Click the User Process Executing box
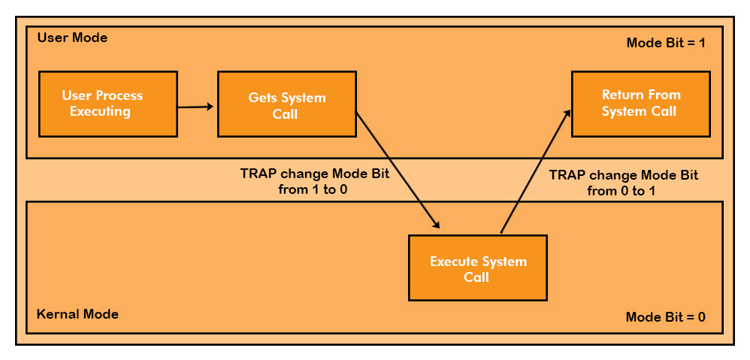(x=107, y=104)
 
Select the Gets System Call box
(x=286, y=104)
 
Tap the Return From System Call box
(x=640, y=104)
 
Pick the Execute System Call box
(x=477, y=268)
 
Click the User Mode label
(x=72, y=38)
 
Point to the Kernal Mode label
(x=77, y=314)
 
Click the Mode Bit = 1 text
(x=666, y=43)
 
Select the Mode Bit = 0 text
(x=665, y=316)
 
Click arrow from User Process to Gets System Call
(x=197, y=107)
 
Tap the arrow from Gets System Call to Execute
(x=397, y=170)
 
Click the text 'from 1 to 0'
(x=315, y=189)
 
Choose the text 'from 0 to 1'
(x=623, y=191)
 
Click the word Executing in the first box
(x=101, y=112)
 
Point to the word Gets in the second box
(x=264, y=98)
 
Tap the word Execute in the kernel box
(x=453, y=262)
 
